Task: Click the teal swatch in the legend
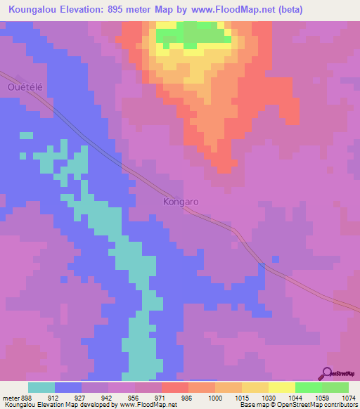(x=41, y=387)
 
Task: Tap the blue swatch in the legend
(x=68, y=387)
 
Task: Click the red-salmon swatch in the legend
(x=174, y=387)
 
